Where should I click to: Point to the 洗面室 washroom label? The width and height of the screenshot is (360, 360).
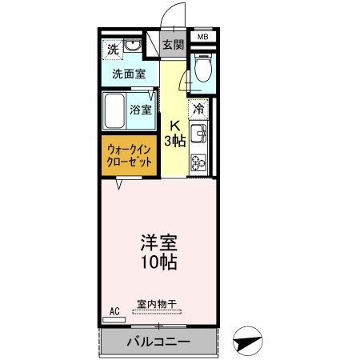[x=129, y=74]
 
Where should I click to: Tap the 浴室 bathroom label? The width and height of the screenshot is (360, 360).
[x=141, y=110]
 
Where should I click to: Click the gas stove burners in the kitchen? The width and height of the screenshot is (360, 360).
[x=198, y=160]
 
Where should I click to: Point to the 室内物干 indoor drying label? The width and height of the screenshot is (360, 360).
[x=157, y=302]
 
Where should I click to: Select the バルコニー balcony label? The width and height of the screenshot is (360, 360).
[x=158, y=342]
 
